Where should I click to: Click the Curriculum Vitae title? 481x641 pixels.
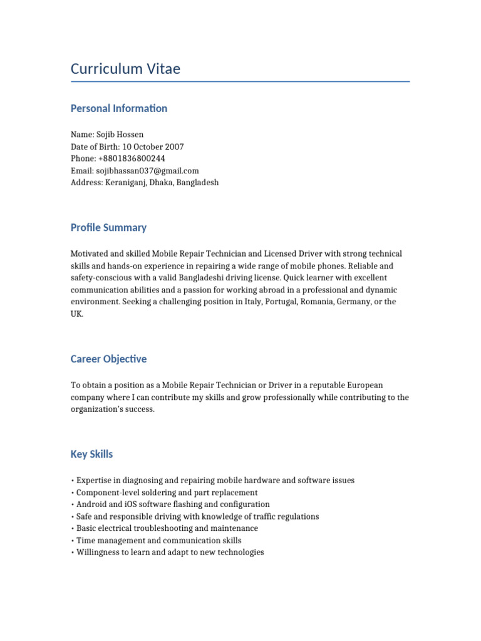125,68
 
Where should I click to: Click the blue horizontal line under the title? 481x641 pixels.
240,81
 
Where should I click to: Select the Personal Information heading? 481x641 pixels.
119,108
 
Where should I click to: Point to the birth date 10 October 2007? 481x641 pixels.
153,146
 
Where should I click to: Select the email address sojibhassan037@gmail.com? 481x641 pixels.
147,170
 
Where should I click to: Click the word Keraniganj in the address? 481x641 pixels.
123,183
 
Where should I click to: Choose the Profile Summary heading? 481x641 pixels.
108,227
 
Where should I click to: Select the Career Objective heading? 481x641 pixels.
108,359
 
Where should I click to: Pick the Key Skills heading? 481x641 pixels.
91,454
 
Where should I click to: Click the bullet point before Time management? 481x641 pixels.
73,541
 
